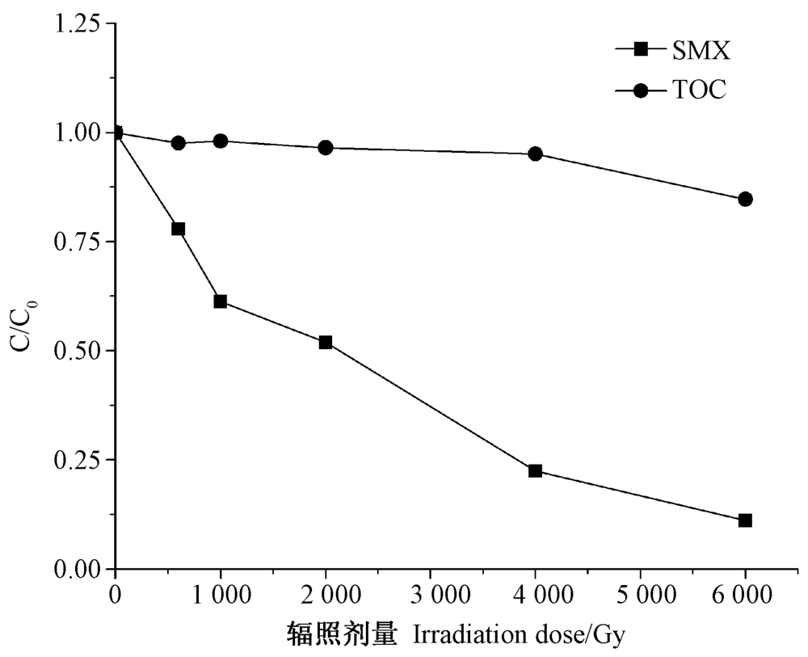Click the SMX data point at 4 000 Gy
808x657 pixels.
(535, 471)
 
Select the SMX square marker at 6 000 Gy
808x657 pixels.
(745, 520)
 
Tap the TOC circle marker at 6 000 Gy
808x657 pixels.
(745, 199)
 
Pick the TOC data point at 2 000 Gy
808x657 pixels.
(326, 148)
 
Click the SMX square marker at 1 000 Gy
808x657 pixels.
(221, 301)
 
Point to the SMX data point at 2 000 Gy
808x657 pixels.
(326, 343)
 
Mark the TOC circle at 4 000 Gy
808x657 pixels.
(535, 154)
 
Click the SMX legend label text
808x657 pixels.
(701, 51)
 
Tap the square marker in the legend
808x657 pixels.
(641, 51)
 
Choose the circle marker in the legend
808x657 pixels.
(641, 91)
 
